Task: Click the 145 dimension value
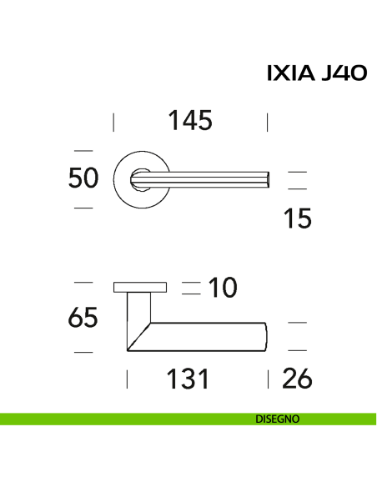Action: pos(189,121)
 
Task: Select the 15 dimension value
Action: pos(296,218)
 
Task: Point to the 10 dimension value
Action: pos(221,289)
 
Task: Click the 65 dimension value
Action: pos(83,318)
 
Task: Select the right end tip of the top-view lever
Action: pos(268,178)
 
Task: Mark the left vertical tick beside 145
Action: pos(114,123)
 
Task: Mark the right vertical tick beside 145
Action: pos(267,123)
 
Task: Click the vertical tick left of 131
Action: pos(127,380)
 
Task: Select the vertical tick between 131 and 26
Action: pos(268,380)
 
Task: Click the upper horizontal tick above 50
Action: pos(83,150)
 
